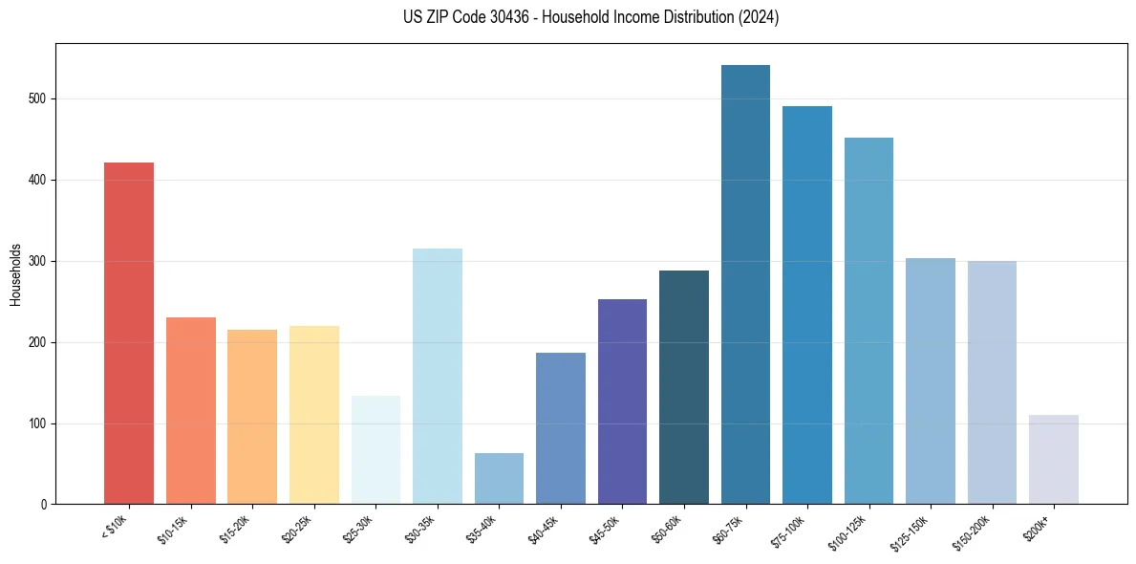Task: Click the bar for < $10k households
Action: coord(129,334)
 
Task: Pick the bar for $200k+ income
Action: coord(1053,460)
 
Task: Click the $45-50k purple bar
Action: coord(622,401)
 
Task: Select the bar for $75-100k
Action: coord(806,305)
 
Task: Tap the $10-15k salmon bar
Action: coord(191,411)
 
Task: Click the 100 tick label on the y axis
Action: coord(42,423)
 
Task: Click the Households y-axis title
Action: coord(15,273)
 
